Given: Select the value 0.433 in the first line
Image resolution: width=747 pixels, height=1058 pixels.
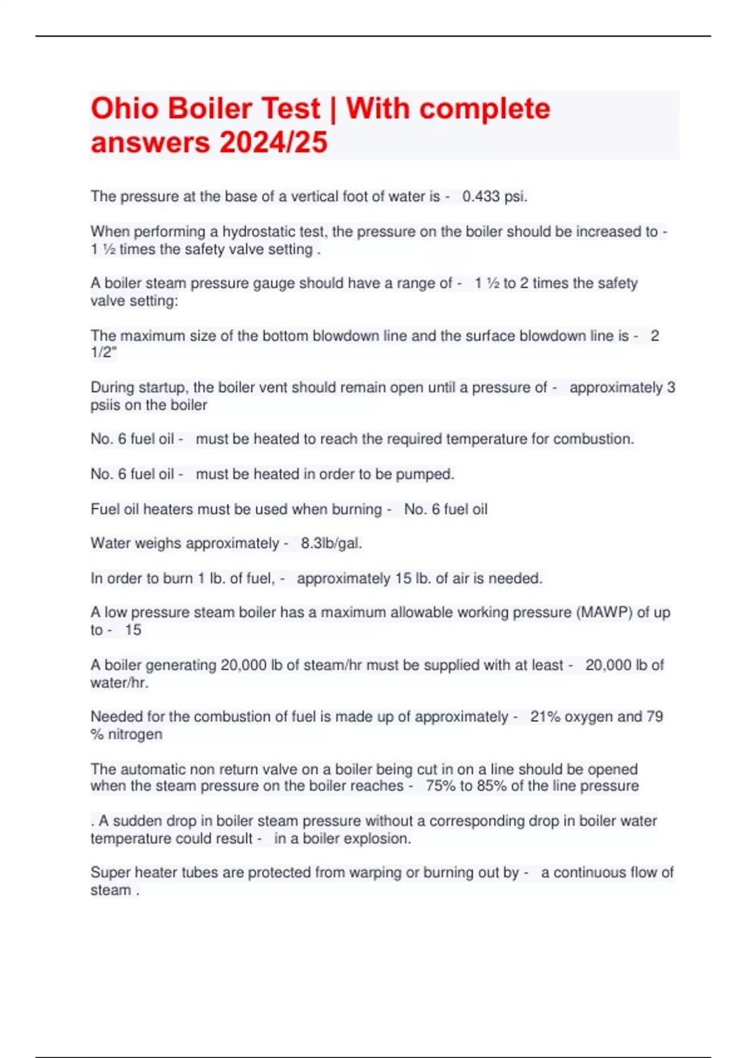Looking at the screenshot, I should pyautogui.click(x=481, y=197).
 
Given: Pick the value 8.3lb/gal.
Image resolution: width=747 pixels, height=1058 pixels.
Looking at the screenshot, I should pyautogui.click(x=331, y=544).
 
